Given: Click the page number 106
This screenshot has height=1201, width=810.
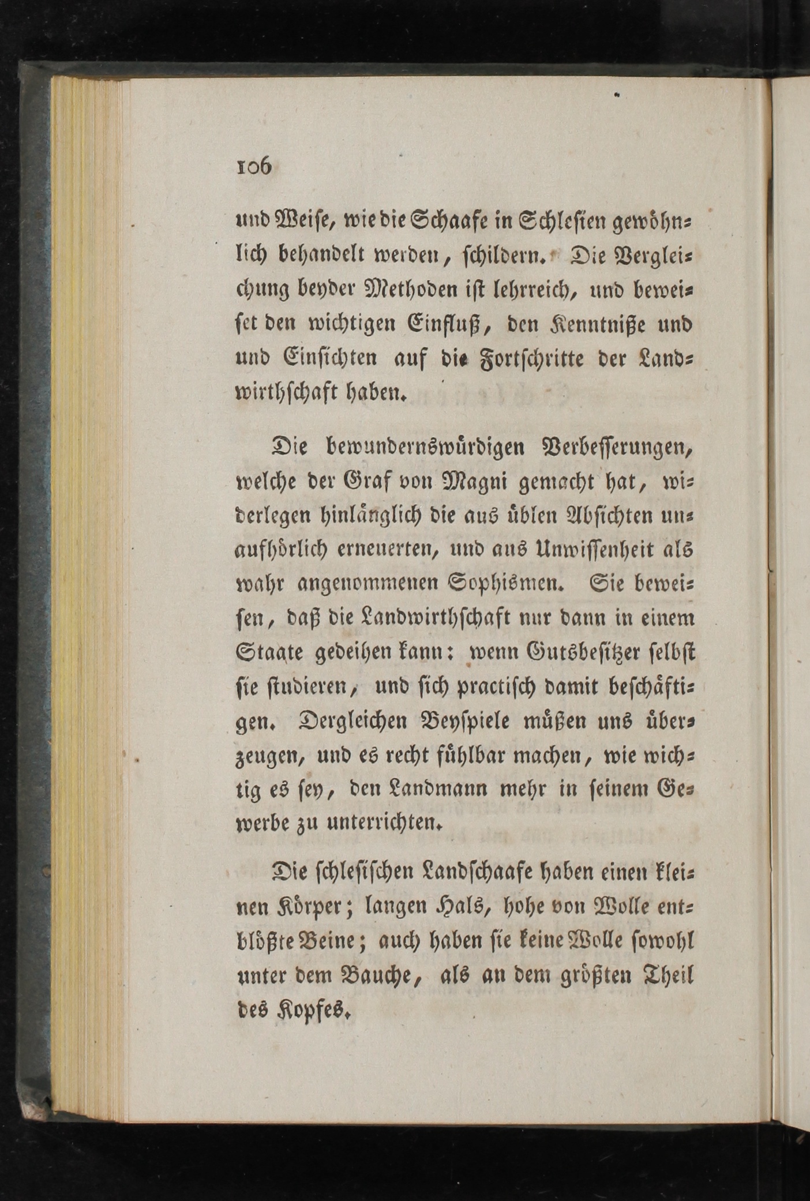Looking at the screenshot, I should (254, 167).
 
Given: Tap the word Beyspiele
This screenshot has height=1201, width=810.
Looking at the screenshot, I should (451, 721).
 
